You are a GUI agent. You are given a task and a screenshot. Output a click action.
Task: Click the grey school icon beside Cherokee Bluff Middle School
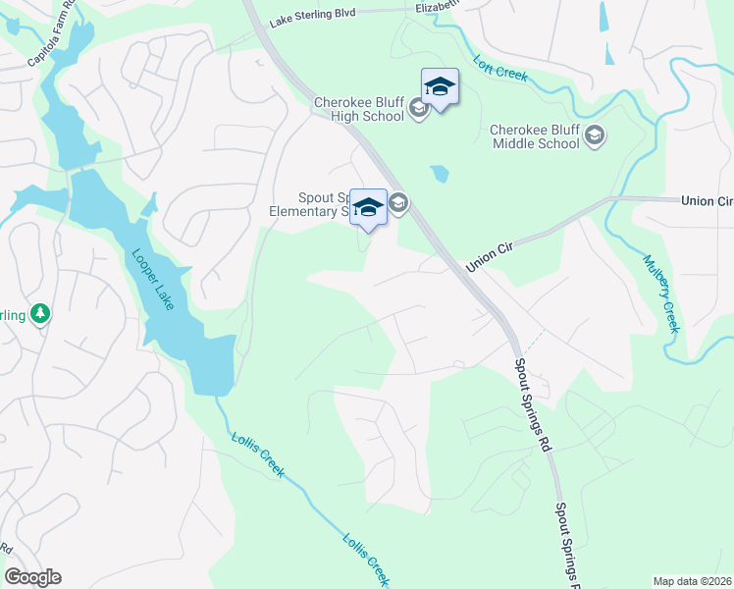tap(595, 134)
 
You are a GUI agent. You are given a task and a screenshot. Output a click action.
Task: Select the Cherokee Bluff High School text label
tap(359, 109)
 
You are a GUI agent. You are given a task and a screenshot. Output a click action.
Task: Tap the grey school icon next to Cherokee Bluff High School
tap(419, 108)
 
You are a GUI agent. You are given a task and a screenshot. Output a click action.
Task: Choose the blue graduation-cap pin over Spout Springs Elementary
tap(368, 207)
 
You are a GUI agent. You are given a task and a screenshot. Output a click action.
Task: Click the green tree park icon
tap(40, 313)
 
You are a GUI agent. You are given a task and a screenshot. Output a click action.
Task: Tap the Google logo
tap(32, 577)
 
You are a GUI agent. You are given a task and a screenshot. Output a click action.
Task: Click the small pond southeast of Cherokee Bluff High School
tap(439, 174)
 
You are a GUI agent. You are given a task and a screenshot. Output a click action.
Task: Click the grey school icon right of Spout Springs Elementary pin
tap(398, 204)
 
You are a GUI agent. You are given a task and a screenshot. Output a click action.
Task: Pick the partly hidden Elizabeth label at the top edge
tap(438, 6)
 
